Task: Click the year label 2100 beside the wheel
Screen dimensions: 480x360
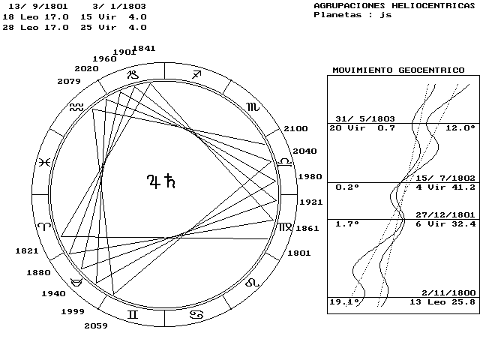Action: pos(295,128)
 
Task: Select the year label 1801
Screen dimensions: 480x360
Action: pos(299,253)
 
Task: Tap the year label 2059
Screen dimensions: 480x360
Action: pos(96,326)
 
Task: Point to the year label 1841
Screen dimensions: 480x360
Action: pos(144,48)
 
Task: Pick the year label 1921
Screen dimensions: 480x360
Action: pos(311,202)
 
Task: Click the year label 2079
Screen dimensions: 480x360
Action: pos(69,82)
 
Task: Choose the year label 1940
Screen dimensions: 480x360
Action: pos(53,294)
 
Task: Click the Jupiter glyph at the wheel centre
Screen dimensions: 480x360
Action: pos(154,181)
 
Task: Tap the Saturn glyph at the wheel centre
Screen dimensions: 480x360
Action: pos(170,181)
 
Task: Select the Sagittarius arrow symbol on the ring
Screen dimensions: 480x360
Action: pos(196,74)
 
